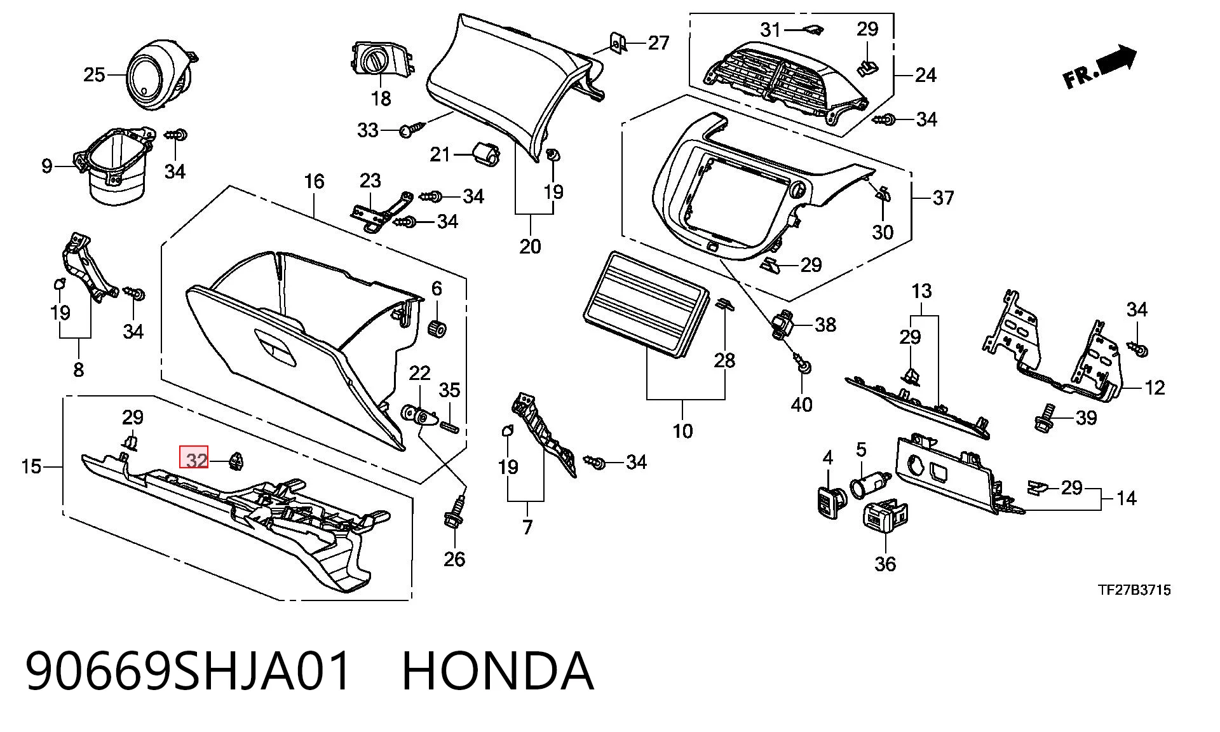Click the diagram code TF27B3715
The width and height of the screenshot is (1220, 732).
tap(1134, 590)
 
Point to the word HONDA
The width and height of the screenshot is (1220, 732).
tap(498, 671)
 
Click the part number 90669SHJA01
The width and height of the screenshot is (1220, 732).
tap(189, 671)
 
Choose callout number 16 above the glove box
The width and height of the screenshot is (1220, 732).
tap(314, 182)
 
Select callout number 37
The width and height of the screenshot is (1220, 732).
tap(943, 198)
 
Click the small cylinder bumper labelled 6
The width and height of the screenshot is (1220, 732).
tap(437, 330)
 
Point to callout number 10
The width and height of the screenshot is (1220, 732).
tap(682, 431)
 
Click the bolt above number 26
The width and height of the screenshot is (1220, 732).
tap(454, 513)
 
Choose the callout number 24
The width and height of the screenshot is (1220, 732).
tap(925, 75)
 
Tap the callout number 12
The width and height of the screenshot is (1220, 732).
tap(1154, 388)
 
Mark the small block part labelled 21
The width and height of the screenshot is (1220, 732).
tap(486, 153)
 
